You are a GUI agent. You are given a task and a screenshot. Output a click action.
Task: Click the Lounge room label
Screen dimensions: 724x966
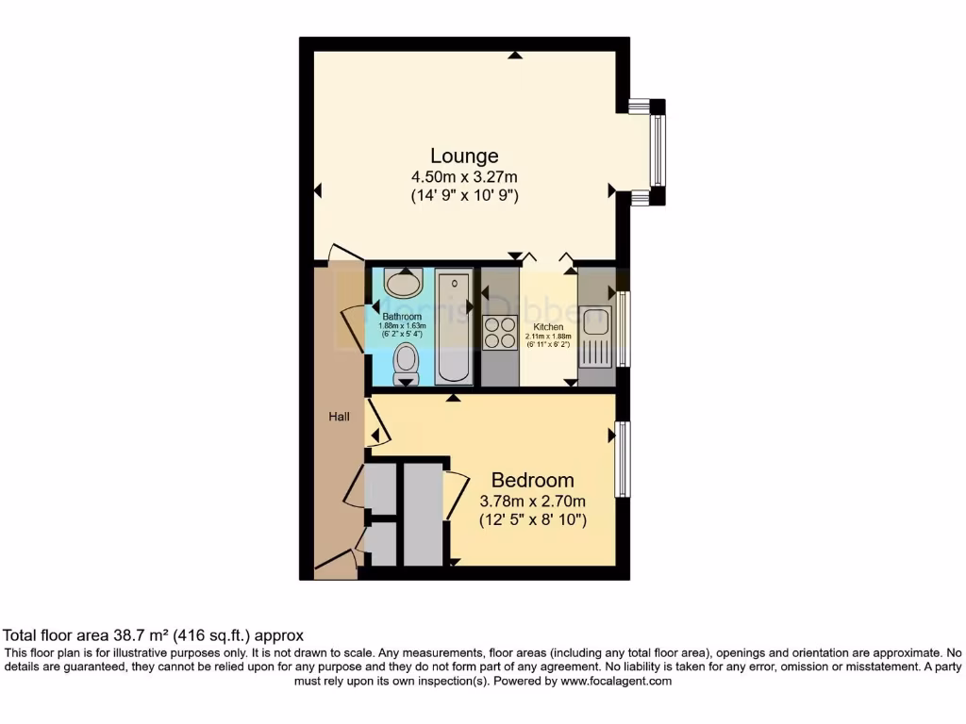coord(464,156)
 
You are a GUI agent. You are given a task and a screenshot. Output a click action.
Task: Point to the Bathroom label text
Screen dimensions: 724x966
coord(401,317)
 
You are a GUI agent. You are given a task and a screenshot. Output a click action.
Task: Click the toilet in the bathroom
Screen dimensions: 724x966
coord(407,364)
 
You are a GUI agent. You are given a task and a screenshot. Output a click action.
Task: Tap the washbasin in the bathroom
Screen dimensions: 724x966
coord(404,283)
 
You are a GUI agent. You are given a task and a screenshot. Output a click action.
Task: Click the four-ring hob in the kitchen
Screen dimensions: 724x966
coord(500,333)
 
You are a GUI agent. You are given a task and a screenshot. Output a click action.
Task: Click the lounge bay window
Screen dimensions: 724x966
coord(657,152)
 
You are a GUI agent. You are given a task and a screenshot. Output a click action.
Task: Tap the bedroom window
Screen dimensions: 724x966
coord(623,458)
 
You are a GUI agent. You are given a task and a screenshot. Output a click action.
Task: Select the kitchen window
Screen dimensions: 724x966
coord(624,329)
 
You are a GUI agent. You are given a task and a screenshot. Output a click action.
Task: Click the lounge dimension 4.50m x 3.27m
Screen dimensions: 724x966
coord(464,177)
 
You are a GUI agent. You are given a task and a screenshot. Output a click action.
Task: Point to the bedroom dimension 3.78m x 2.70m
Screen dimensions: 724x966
coord(533,501)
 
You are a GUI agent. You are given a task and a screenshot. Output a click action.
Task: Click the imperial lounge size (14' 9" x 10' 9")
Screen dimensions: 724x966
coord(464,196)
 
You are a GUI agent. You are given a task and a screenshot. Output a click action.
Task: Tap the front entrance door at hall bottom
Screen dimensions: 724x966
coord(335,564)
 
